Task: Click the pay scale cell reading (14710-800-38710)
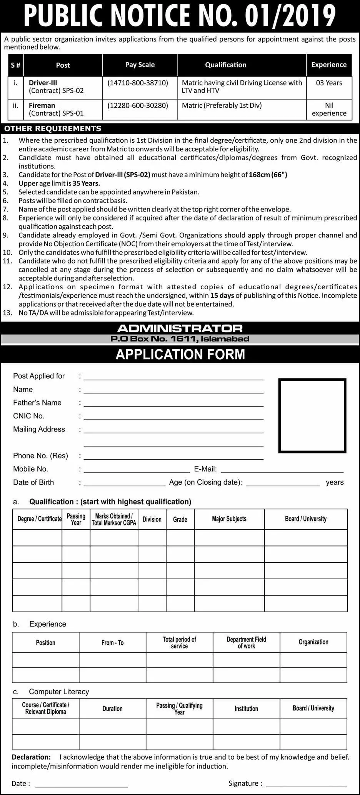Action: (x=138, y=83)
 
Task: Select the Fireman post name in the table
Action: (x=42, y=105)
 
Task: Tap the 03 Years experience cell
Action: (x=329, y=83)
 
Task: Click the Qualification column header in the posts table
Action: (x=226, y=65)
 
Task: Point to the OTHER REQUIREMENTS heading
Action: (x=53, y=128)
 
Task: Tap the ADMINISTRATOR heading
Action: (x=180, y=328)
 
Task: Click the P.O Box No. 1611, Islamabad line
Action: (x=180, y=339)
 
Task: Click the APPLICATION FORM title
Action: (x=180, y=354)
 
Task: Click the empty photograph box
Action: (x=312, y=415)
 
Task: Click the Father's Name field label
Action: (x=37, y=403)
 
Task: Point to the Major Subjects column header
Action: (x=229, y=519)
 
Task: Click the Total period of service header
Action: (x=179, y=642)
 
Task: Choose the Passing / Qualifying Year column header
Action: (x=179, y=708)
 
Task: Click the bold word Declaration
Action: (x=31, y=757)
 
